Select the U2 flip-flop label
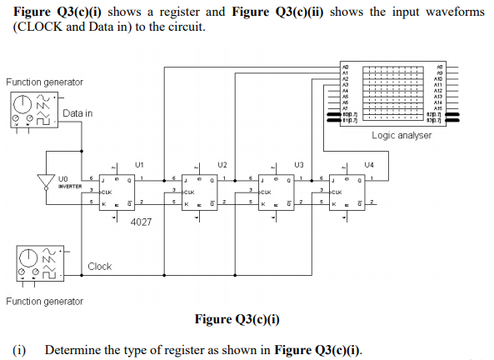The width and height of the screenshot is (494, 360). coord(222,163)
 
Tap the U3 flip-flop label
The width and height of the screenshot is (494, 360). coord(298,163)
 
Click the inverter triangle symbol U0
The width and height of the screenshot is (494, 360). coord(46,181)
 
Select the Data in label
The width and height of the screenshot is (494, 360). coord(77,113)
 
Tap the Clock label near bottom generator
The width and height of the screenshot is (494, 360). coord(99,267)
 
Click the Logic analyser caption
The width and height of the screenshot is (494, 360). coord(402,135)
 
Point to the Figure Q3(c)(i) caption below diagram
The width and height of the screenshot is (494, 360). coord(237,319)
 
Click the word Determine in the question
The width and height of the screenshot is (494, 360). coord(72,348)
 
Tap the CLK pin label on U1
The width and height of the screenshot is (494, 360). coord(108,191)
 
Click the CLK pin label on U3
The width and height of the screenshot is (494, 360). coord(268,191)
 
